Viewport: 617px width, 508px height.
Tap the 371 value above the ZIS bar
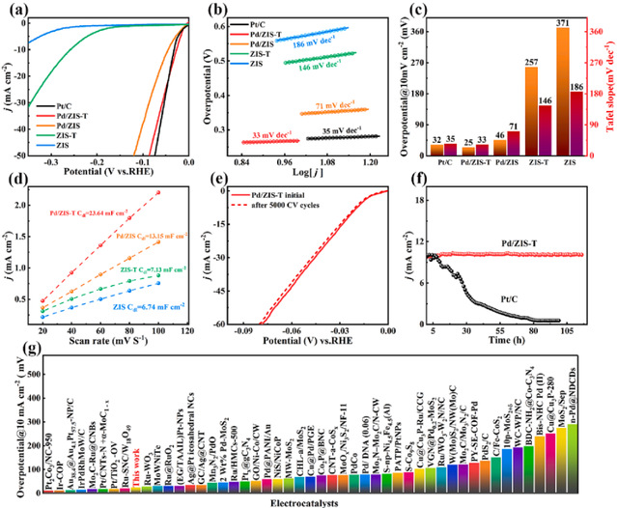click(x=562, y=20)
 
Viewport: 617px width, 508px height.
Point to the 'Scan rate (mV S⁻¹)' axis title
click(x=109, y=353)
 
